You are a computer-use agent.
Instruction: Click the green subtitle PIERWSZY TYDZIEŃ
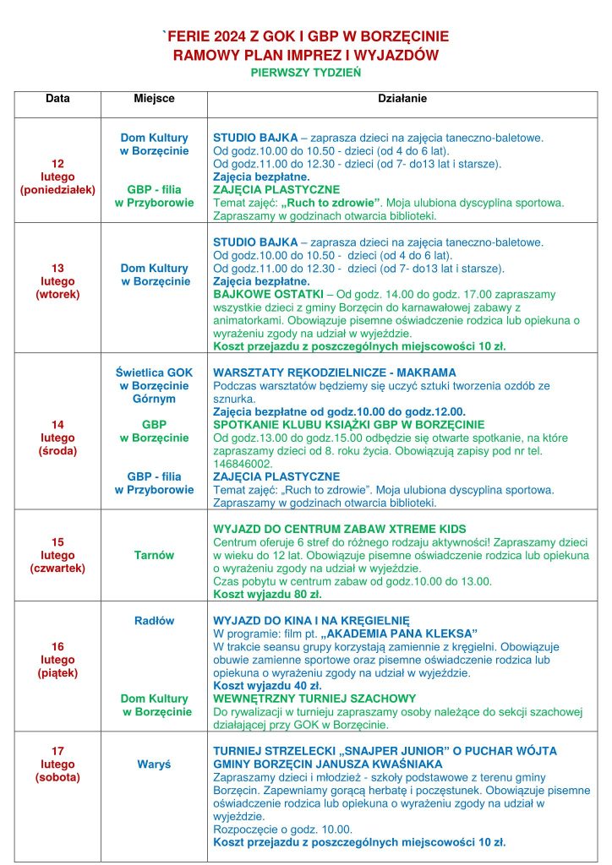305,73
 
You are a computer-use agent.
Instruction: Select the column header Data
57,99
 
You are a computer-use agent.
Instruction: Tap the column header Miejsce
154,99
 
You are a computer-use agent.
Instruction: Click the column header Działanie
402,99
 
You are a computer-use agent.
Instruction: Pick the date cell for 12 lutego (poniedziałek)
57,177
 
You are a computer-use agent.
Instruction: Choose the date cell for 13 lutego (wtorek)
57,281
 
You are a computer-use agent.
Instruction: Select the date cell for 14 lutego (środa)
57,438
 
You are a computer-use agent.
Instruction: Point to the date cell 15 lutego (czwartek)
57,555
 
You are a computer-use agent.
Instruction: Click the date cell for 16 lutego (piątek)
57,660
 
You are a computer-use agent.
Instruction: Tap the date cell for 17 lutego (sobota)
57,764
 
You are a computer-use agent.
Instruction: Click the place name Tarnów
154,555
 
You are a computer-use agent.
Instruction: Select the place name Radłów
154,620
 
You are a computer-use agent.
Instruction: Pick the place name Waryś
154,764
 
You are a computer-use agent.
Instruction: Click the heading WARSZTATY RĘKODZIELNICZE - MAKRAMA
334,373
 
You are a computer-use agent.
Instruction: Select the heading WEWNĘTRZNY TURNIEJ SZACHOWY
314,699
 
